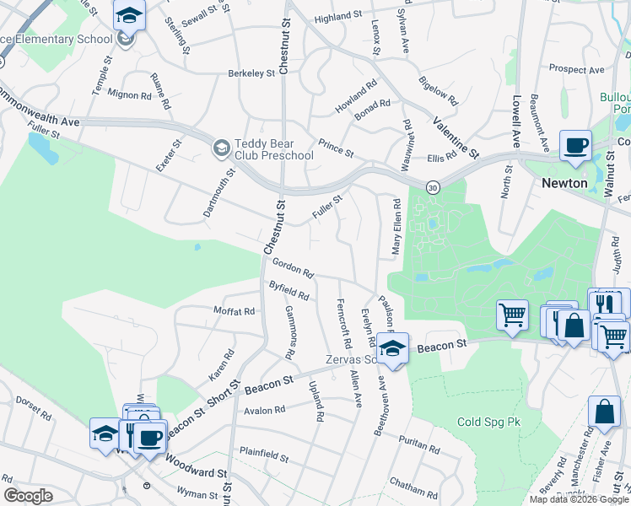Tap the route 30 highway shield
(433, 186)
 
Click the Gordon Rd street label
(293, 269)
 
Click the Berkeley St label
(251, 73)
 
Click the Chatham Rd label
(413, 487)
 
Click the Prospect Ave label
(576, 69)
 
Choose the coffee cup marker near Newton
(575, 144)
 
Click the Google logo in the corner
(28, 496)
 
